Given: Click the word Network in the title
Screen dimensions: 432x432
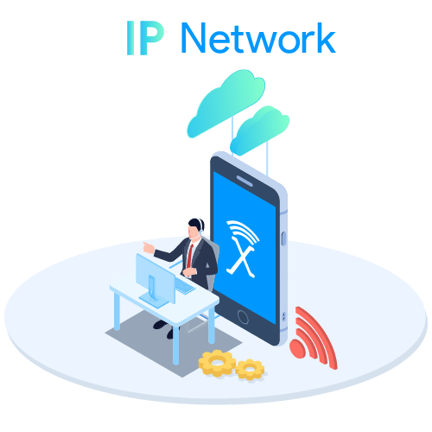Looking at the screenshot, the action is pyautogui.click(x=258, y=38).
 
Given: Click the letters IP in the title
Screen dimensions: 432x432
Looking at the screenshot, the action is pyautogui.click(x=145, y=38).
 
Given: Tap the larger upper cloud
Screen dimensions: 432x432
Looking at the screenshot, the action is pyautogui.click(x=226, y=102).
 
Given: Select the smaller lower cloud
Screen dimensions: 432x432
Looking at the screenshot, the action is pyautogui.click(x=260, y=130).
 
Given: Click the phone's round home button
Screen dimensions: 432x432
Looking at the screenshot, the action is pyautogui.click(x=243, y=317).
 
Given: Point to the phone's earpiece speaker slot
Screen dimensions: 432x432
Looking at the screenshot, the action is pyautogui.click(x=245, y=181).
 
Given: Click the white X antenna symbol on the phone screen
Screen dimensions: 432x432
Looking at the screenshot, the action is pyautogui.click(x=243, y=248).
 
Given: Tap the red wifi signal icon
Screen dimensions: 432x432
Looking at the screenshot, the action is pyautogui.click(x=314, y=338).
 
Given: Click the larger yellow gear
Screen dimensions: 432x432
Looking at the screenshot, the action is pyautogui.click(x=217, y=363).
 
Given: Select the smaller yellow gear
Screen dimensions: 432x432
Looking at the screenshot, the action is pyautogui.click(x=250, y=369).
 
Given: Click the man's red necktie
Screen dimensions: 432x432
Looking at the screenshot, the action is pyautogui.click(x=190, y=256).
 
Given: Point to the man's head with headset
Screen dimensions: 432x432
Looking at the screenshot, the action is pyautogui.click(x=196, y=228).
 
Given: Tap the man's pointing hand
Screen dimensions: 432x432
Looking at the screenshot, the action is pyautogui.click(x=149, y=248).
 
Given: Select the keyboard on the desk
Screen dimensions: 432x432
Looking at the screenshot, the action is pyautogui.click(x=184, y=285).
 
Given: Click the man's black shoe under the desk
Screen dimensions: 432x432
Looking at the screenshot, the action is pyautogui.click(x=161, y=324).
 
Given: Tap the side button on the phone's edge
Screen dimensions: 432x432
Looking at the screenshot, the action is pyautogui.click(x=283, y=238).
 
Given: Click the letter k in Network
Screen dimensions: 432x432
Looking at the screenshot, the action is pyautogui.click(x=327, y=38).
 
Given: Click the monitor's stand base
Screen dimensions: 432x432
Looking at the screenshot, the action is pyautogui.click(x=154, y=301).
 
